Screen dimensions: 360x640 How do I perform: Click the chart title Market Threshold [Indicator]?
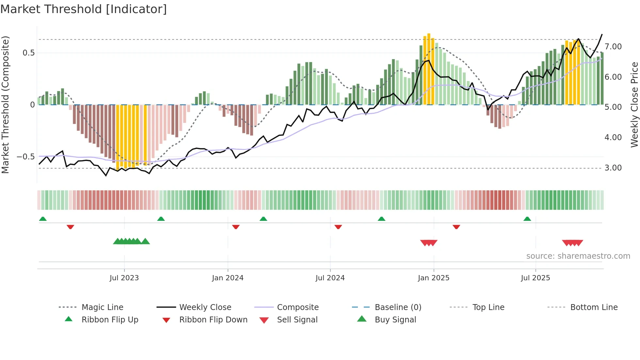click(84, 9)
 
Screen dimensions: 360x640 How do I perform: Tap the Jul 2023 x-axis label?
click(124, 278)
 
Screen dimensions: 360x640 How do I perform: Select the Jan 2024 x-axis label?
click(228, 278)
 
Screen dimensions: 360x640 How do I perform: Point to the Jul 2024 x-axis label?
click(330, 278)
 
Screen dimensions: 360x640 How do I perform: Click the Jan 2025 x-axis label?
click(434, 278)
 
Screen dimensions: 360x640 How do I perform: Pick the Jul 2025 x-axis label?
click(536, 278)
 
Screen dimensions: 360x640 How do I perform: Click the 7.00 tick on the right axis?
click(613, 47)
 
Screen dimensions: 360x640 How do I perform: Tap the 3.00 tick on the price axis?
click(613, 168)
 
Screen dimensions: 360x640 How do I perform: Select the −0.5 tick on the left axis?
click(25, 157)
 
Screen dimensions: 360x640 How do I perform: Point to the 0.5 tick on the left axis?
click(28, 53)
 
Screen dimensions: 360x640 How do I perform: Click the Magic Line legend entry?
click(102, 307)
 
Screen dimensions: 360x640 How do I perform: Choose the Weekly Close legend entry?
click(205, 307)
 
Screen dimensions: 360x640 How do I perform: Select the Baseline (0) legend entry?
click(398, 307)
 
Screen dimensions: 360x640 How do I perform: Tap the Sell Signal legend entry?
click(297, 320)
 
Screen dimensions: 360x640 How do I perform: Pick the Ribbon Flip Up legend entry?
click(110, 320)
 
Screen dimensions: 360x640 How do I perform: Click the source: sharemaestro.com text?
click(578, 256)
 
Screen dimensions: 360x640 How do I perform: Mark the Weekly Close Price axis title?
click(634, 105)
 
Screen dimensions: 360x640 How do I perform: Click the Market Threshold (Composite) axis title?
click(5, 105)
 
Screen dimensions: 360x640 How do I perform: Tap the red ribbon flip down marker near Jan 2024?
click(236, 227)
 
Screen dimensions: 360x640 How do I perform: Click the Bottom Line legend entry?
click(594, 307)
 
